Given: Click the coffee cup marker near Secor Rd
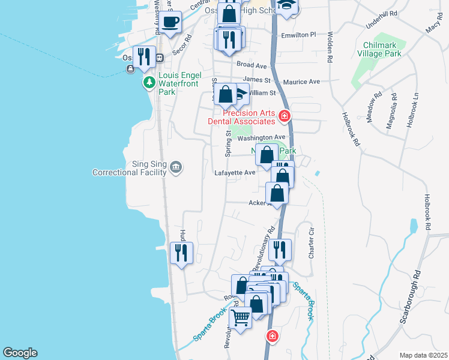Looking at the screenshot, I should [171, 23].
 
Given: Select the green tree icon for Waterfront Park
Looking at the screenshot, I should [148, 82].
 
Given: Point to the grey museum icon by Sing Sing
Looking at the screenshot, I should [175, 166].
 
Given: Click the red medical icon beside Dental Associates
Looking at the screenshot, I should [285, 116].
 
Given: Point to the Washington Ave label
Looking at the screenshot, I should [261, 138].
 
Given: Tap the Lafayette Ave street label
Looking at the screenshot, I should [235, 173].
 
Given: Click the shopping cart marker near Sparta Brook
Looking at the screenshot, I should [241, 317].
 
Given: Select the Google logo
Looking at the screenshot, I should [20, 353].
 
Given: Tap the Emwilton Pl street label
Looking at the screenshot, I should [298, 35].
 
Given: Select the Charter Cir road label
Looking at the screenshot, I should [311, 243].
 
